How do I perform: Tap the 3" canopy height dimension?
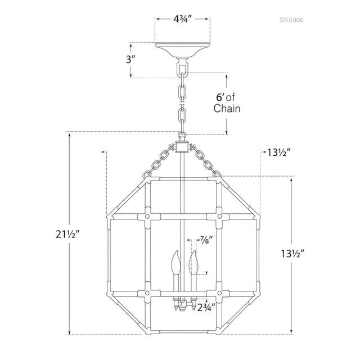130,60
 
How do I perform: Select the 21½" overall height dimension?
67,234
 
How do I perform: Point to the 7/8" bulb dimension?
205,240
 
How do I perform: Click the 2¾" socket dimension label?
206,307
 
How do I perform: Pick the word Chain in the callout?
227,109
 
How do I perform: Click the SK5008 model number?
291,20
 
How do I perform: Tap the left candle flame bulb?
176,262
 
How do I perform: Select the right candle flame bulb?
193,262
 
